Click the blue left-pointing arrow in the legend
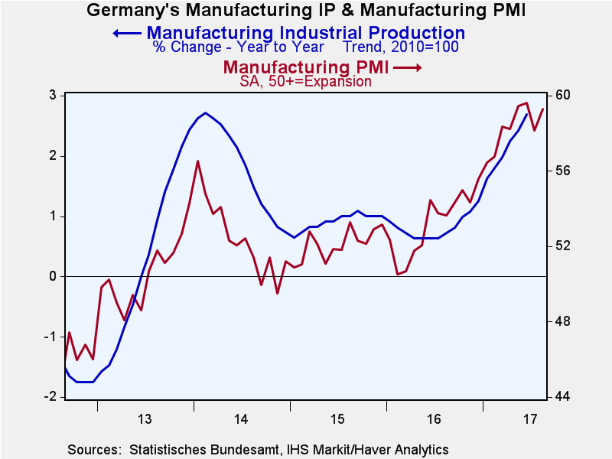tap(126, 33)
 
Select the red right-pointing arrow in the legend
tap(408, 68)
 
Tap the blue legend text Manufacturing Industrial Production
tap(305, 33)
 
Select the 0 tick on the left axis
tap(54, 276)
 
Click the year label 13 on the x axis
tap(145, 419)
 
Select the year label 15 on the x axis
tap(337, 419)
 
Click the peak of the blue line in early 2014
tap(206, 113)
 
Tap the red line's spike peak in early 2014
tap(197, 161)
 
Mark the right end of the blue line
tap(526, 115)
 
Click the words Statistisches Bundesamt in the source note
tap(194, 449)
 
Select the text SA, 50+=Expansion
tap(306, 82)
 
